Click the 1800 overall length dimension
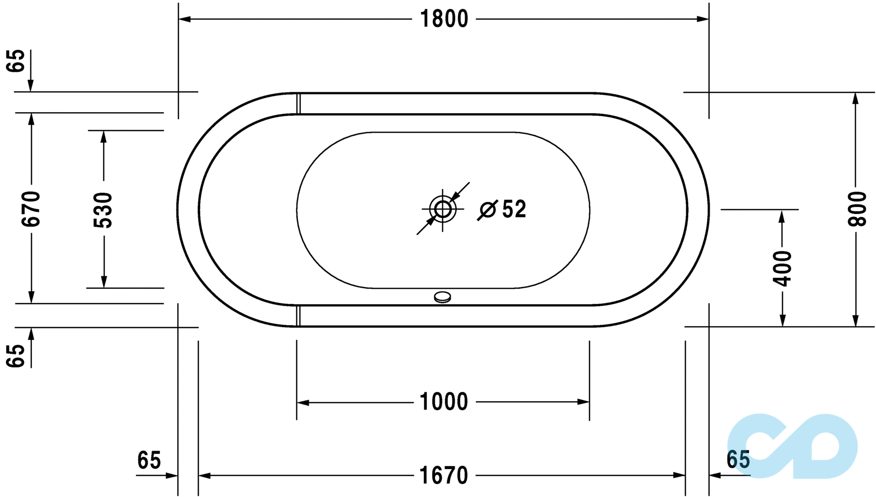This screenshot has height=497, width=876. (x=444, y=19)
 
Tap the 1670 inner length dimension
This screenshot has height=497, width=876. (x=444, y=475)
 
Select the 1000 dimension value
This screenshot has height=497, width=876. (x=444, y=402)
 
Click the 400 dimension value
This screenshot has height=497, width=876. (x=782, y=269)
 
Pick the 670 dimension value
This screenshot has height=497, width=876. (x=31, y=209)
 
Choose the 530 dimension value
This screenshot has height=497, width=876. (x=103, y=210)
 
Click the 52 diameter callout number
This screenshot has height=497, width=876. (x=514, y=209)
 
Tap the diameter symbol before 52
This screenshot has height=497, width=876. (x=488, y=210)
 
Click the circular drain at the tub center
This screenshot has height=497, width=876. (x=443, y=209)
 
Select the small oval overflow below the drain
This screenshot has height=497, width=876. (x=442, y=297)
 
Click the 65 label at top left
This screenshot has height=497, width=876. (x=16, y=61)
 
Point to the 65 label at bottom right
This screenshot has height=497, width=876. (x=738, y=460)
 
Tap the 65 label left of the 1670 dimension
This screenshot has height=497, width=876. (x=149, y=460)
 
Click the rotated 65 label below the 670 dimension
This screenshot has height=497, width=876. (x=16, y=355)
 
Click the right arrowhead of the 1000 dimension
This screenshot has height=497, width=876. (x=583, y=402)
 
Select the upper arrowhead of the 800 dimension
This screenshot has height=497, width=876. (x=856, y=98)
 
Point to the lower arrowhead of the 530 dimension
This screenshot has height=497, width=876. (x=104, y=282)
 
